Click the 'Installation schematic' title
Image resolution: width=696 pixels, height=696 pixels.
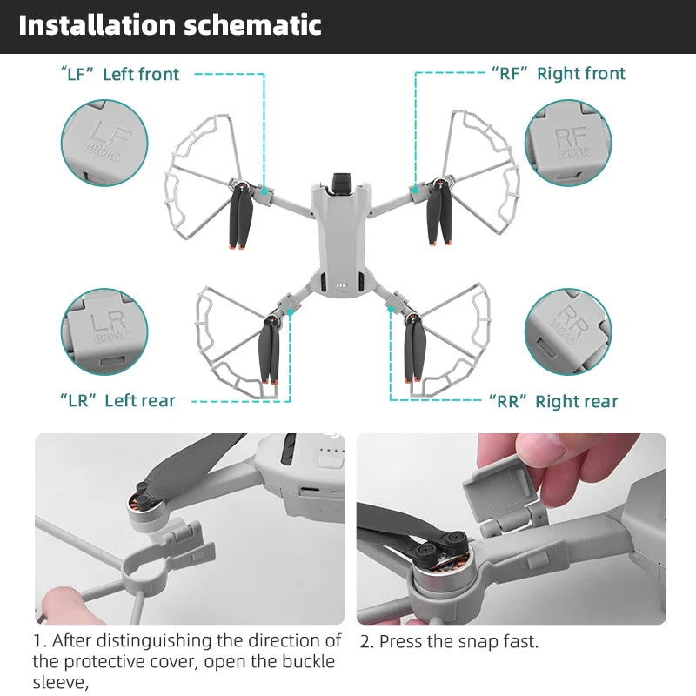coord(170,25)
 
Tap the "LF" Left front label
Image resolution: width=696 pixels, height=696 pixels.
coord(120,74)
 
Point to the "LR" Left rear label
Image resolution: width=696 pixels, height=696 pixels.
coord(117,401)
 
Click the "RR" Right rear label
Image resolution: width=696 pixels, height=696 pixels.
coord(553,402)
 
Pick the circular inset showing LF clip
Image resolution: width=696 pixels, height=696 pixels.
coord(104,142)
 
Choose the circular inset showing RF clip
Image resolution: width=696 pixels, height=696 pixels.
coord(568,142)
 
